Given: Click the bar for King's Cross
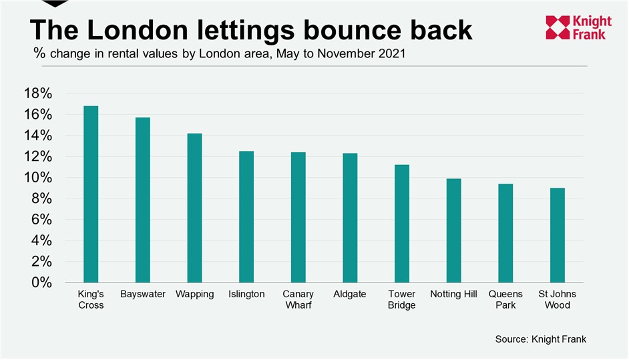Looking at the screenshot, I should click(x=90, y=194).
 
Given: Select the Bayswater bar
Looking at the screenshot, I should click(x=142, y=200).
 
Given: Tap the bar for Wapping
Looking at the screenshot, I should click(x=194, y=208).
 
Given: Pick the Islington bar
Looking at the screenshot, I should click(x=246, y=216).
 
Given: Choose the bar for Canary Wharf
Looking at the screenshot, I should click(x=298, y=217).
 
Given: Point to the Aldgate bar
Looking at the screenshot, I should click(x=350, y=218).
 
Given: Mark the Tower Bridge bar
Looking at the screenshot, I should click(x=401, y=223).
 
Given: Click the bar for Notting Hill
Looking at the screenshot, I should click(x=453, y=230).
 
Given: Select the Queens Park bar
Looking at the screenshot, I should click(x=505, y=233).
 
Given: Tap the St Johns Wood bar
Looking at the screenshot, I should click(x=558, y=235).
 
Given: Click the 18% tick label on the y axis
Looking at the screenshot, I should click(x=38, y=94).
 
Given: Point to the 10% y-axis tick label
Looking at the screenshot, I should click(x=38, y=178).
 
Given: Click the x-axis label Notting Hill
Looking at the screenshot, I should click(x=453, y=295).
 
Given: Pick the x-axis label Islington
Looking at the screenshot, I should click(x=246, y=295).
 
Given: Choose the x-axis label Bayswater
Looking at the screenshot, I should click(x=142, y=295).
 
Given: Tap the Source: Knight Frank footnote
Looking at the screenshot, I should click(x=540, y=339).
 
